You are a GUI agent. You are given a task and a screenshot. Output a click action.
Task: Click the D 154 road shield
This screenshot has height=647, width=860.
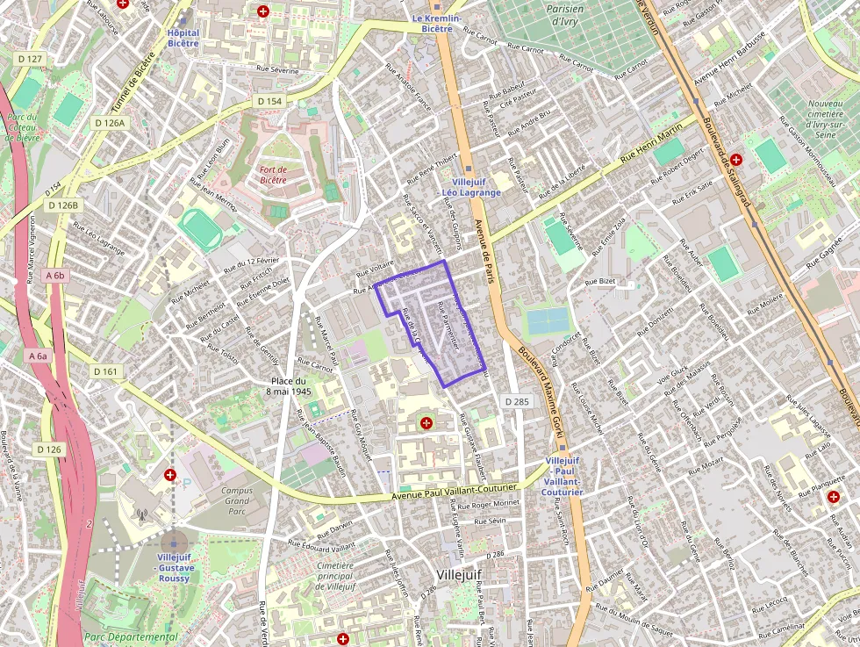tap(270, 102)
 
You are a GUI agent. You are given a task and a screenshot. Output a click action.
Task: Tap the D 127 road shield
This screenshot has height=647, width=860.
tap(30, 59)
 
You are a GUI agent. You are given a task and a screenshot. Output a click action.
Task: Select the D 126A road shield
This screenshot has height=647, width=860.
tap(110, 123)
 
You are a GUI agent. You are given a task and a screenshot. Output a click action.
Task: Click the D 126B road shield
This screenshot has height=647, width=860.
tap(63, 205)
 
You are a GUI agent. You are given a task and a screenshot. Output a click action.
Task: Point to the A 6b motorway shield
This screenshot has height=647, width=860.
tap(54, 276)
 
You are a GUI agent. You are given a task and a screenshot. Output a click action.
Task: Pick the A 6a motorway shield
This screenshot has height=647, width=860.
tap(38, 356)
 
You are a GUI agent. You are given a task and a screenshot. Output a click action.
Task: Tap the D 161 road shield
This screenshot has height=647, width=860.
tap(104, 372)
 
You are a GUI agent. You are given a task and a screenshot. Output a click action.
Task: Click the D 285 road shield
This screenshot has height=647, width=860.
tap(517, 401)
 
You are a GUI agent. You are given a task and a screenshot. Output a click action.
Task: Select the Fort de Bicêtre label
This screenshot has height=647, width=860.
tap(279, 174)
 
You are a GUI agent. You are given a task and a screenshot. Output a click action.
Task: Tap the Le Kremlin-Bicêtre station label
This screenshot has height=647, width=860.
tap(432, 23)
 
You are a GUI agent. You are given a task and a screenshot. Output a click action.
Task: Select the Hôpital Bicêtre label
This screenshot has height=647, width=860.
tap(183, 37)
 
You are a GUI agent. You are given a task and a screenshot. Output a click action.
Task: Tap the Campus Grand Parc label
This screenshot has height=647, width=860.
tap(237, 500)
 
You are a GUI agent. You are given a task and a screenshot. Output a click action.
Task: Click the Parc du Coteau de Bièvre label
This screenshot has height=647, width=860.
tap(22, 133)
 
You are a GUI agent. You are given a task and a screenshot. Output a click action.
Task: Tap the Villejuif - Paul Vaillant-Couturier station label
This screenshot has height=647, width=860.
tap(563, 477)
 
